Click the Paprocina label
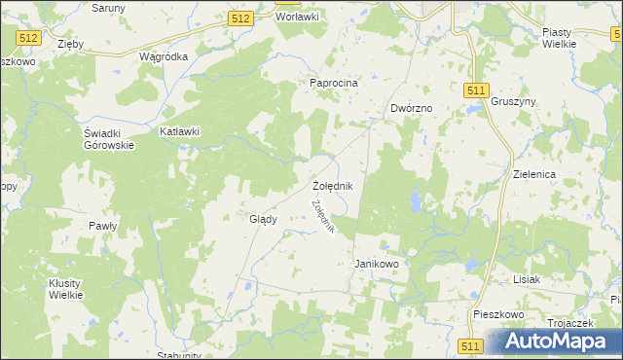(x=334, y=83)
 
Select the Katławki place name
(x=179, y=131)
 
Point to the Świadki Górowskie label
(x=108, y=139)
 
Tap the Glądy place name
(x=263, y=219)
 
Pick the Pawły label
(x=102, y=226)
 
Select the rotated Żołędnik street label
(x=323, y=216)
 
